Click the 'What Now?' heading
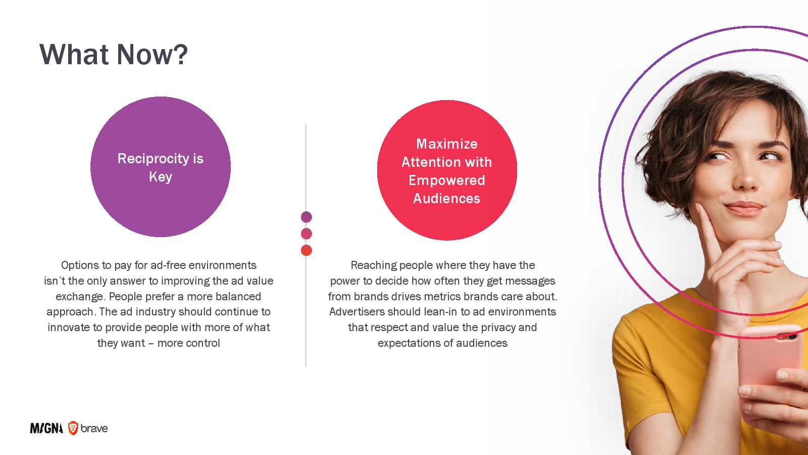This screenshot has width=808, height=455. point(114,54)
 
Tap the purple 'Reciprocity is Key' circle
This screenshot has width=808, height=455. point(161,167)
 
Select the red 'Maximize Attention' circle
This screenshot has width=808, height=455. point(447,170)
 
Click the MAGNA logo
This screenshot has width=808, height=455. point(46,428)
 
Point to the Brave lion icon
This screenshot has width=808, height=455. point(73,428)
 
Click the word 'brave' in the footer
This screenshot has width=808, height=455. point(94,428)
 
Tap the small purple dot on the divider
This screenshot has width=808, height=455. point(306,217)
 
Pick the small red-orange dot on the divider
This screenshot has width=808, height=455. point(306,250)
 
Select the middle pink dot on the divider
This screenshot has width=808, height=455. point(306,234)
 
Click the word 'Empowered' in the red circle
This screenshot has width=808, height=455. point(446,180)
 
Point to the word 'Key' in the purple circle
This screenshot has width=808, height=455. point(161,177)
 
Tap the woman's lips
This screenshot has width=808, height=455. point(744,208)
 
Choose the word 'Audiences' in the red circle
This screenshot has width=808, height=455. point(446,199)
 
